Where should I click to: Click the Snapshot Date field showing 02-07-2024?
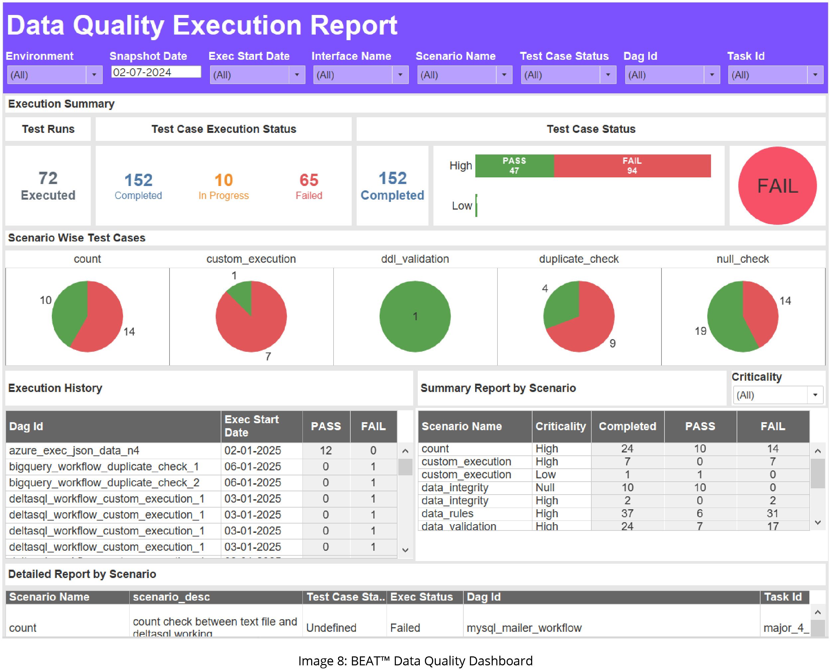[156, 72]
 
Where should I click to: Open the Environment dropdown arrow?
[94, 75]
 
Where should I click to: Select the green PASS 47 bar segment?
[514, 166]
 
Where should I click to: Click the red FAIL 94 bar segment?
[632, 166]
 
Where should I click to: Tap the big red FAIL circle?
[777, 186]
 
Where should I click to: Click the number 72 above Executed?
[48, 178]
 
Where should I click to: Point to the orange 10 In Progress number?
[223, 180]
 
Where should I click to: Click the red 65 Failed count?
[308, 180]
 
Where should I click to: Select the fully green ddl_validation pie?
[415, 317]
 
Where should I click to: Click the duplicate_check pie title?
[578, 259]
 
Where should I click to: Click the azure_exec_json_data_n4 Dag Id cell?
[74, 451]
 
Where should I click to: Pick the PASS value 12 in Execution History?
[326, 451]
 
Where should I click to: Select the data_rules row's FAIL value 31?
[772, 514]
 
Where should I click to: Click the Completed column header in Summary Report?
[627, 426]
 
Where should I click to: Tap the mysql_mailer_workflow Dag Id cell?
[524, 628]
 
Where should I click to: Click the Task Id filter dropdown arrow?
[815, 75]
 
